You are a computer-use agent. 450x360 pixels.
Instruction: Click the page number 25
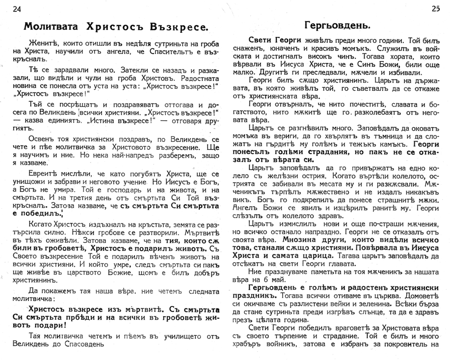[x=435, y=8]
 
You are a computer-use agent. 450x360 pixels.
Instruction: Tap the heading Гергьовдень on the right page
[x=337, y=25]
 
